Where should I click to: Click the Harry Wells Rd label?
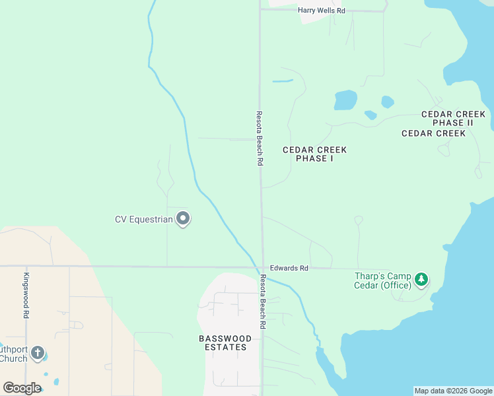pos(322,11)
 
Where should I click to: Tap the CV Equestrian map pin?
pos(183,218)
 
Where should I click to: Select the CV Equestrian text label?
pos(143,219)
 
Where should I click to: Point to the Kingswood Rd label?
pos(26,296)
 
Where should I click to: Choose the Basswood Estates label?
pos(225,343)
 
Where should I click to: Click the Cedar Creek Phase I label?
pos(314,154)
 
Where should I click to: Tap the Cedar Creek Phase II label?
pos(453,119)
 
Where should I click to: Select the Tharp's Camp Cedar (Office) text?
pos(382,280)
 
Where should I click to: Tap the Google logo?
pos(22,388)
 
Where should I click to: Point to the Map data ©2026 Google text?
pos(453,391)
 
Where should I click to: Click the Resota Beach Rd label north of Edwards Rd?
pos(260,137)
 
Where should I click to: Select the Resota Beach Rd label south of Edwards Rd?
pos(262,302)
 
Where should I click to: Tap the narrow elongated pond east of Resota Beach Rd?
pos(283,81)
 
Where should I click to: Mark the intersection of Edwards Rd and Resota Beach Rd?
pos(262,267)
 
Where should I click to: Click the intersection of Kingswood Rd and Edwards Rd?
pos(26,267)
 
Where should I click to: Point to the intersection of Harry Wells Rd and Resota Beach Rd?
pos(260,10)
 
